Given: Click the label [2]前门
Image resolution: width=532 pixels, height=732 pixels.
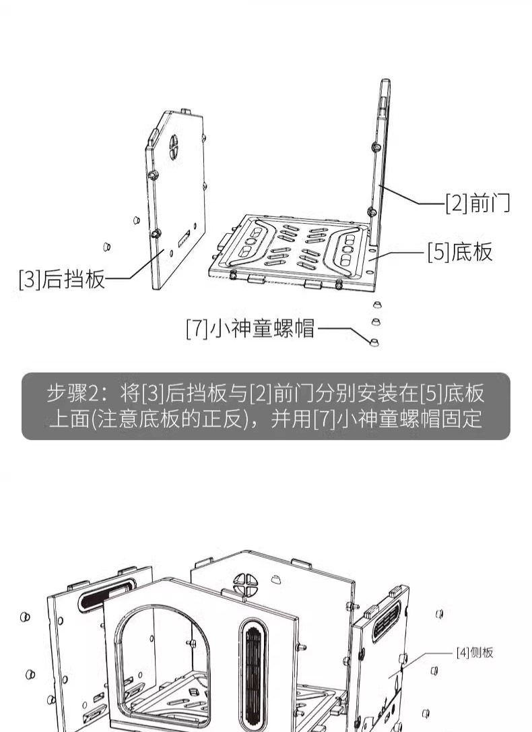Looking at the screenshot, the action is point(477,202).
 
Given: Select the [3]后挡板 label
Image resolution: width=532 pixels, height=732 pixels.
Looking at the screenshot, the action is point(63,278).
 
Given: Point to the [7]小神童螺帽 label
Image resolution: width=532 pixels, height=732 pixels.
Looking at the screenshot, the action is point(251,329).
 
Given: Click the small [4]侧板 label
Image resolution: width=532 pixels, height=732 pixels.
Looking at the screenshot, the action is point(475,652).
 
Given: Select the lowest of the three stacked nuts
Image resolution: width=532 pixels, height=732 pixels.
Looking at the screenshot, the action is point(374,341).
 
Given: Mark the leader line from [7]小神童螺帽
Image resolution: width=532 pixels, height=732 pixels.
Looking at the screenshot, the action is point(343,330).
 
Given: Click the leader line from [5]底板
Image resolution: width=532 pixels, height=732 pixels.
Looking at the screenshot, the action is point(401,253).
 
